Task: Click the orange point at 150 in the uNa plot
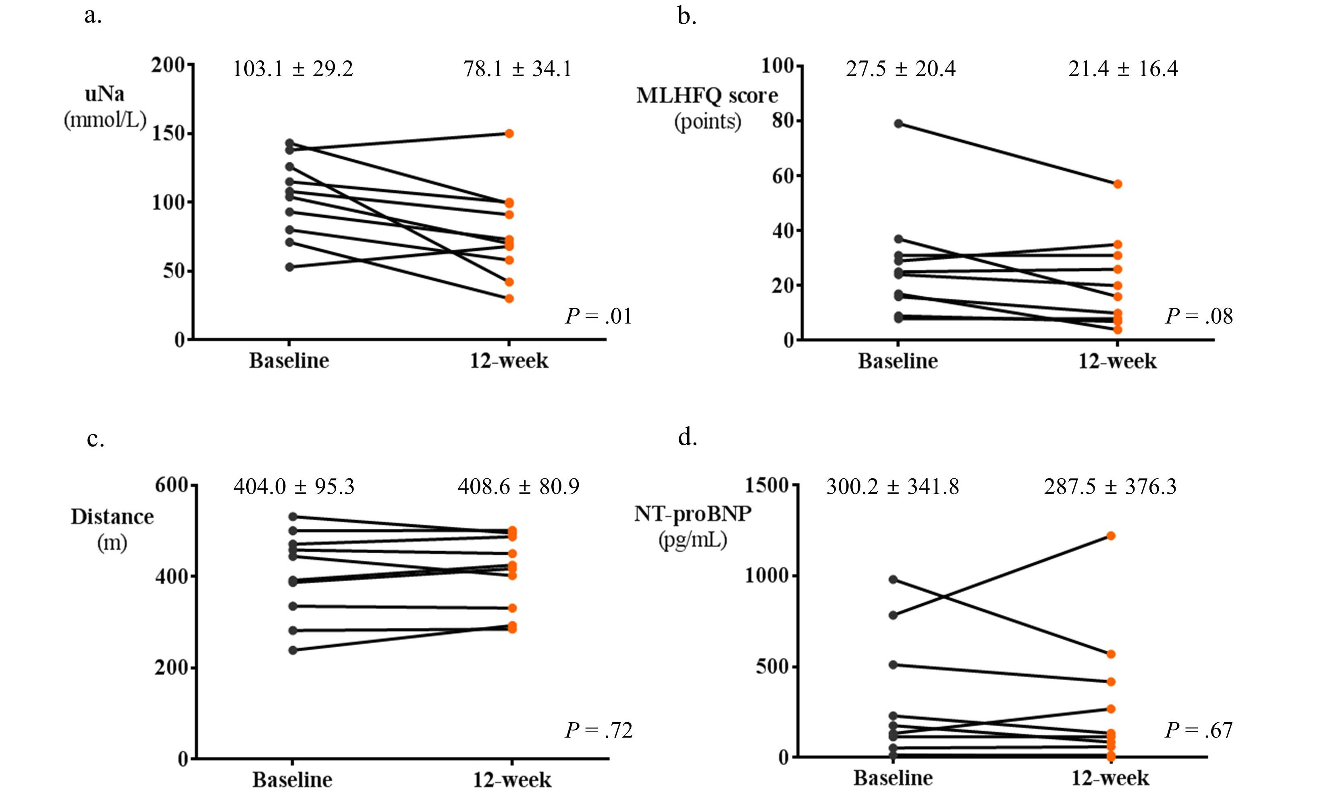point(509,133)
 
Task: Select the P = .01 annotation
point(598,316)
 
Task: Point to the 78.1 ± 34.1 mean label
point(517,69)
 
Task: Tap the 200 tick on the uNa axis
point(168,65)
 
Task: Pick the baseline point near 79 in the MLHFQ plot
point(899,124)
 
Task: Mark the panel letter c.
point(95,439)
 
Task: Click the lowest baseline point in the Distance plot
point(293,650)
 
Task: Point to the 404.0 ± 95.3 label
point(294,487)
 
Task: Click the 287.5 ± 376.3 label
point(1110,487)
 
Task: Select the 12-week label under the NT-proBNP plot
point(1110,779)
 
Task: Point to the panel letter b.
point(687,17)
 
